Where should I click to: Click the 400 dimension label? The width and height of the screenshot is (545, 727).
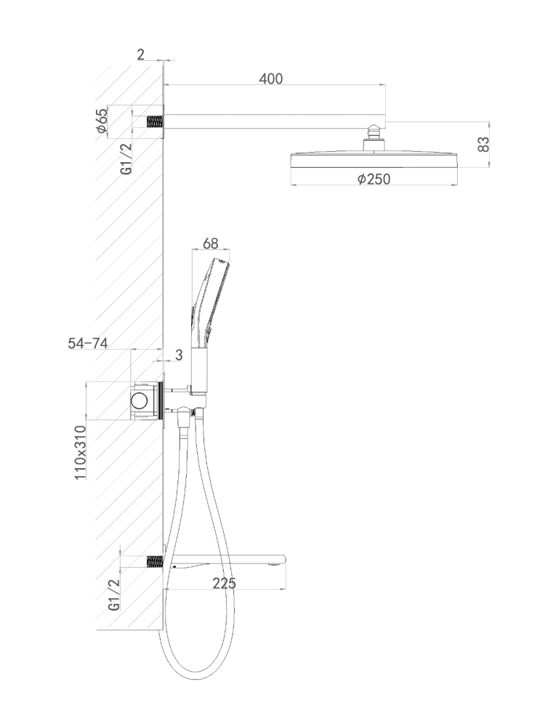click(x=270, y=79)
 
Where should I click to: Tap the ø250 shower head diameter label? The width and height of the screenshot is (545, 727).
click(x=374, y=179)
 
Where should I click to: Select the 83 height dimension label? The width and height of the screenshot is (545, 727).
click(x=483, y=144)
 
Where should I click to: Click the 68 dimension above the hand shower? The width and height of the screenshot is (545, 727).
click(x=211, y=243)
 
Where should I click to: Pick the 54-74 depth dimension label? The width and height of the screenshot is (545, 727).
click(x=88, y=343)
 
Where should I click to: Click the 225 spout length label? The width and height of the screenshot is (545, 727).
click(x=225, y=583)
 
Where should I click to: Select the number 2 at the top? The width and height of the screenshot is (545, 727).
click(x=141, y=55)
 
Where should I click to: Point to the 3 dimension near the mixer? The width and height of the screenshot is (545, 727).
click(x=179, y=355)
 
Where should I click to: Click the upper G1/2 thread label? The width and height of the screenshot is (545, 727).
click(x=126, y=158)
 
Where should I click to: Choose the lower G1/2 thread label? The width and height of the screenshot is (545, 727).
click(x=114, y=595)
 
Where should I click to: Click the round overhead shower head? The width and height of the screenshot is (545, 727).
click(x=374, y=159)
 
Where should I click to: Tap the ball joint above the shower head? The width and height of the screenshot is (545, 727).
click(x=374, y=132)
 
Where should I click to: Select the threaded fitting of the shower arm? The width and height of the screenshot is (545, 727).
click(x=155, y=122)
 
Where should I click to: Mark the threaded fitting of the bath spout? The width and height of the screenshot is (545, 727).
click(x=155, y=561)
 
